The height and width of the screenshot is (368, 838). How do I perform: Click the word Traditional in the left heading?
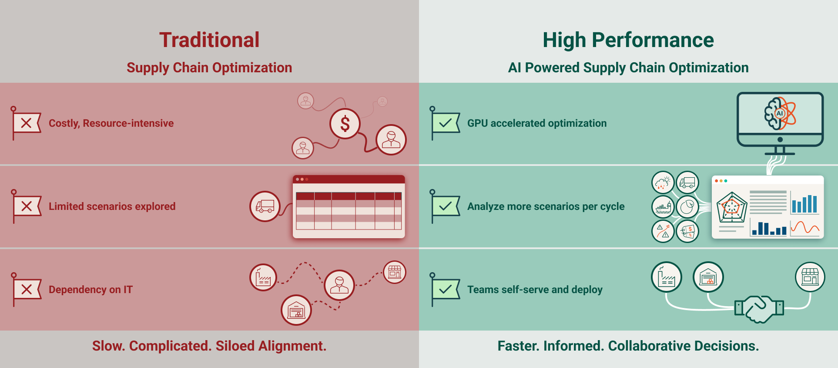pyautogui.click(x=209, y=40)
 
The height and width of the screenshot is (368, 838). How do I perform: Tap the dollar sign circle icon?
pyautogui.click(x=345, y=124)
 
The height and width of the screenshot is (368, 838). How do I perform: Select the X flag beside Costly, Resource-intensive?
pyautogui.click(x=27, y=123)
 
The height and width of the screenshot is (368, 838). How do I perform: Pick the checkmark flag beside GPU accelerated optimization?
pyautogui.click(x=446, y=123)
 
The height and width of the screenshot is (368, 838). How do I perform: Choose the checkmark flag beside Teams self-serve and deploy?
pyautogui.click(x=446, y=289)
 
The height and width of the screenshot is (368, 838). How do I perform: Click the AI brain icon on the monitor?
pyautogui.click(x=780, y=114)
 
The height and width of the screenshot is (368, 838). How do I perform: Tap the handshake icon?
pyautogui.click(x=759, y=308)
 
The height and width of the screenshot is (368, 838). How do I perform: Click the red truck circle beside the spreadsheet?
pyautogui.click(x=265, y=206)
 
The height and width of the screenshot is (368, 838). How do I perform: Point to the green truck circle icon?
pyautogui.click(x=687, y=182)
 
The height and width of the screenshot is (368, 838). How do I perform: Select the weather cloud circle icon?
pyautogui.click(x=663, y=182)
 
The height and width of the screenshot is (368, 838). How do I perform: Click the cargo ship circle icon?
pyautogui.click(x=663, y=207)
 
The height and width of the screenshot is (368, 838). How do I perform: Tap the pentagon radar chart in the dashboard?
pyautogui.click(x=732, y=207)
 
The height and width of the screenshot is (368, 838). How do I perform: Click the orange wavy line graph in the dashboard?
pyautogui.click(x=805, y=227)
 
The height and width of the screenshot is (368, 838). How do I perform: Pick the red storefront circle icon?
pyautogui.click(x=395, y=272)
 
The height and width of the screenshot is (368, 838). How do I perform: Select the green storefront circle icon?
pyautogui.click(x=810, y=277)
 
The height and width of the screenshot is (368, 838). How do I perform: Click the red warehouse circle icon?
pyautogui.click(x=296, y=310)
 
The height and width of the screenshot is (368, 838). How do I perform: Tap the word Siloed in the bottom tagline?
pyautogui.click(x=235, y=346)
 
